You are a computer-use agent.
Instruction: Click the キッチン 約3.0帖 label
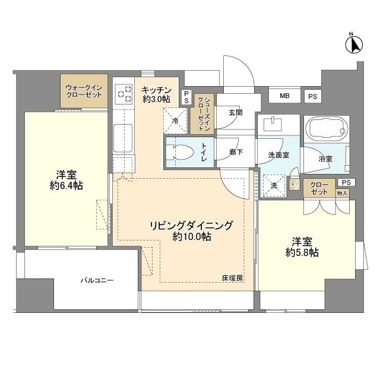pos(156,94)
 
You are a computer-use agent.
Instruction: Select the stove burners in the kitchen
pos(125,94)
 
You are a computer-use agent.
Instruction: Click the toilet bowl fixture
pos(182,153)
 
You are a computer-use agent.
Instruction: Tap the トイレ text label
pos(204,152)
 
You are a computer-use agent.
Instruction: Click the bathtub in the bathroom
pos(326,128)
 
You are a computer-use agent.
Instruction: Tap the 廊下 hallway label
pos(236,153)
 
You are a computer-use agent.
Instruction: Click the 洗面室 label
pos(278,155)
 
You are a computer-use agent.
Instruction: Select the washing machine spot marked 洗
pos(274,185)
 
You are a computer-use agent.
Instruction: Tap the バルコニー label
pos(97,280)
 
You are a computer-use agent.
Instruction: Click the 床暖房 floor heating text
pos(233,278)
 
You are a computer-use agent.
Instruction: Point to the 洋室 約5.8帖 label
pos(301,247)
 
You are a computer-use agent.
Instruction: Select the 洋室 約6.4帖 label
pos(65,180)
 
